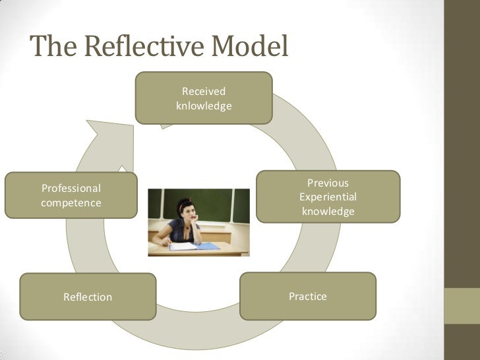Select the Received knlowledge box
click(x=204, y=98)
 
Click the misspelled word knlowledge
click(x=204, y=105)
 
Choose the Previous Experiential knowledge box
click(x=328, y=196)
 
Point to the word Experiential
click(x=328, y=197)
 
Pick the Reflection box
click(x=88, y=297)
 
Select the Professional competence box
click(x=71, y=195)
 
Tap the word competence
click(x=71, y=203)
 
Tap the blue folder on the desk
click(x=207, y=246)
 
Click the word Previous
click(x=328, y=183)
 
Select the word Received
click(x=204, y=91)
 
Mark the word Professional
click(x=71, y=189)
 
